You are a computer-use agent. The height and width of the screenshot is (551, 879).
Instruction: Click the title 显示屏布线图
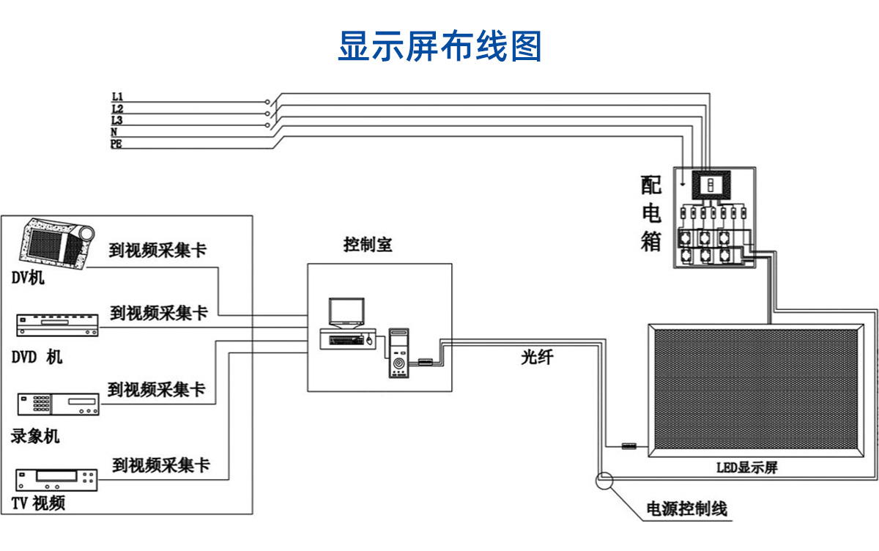439,46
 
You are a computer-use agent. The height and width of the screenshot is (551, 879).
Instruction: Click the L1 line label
117,97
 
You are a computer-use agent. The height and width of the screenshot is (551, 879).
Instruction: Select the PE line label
116,144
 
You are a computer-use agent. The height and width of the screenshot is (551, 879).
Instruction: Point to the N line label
114,132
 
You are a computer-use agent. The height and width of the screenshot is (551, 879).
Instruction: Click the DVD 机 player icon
57,325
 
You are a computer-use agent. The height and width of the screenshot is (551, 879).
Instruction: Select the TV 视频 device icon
57,480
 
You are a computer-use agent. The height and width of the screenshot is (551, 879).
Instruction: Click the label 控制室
368,245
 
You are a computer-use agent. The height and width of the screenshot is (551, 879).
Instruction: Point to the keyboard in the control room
343,339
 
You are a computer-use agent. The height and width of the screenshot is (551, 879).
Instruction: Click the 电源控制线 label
686,508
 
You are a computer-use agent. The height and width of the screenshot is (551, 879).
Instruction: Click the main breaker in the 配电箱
708,185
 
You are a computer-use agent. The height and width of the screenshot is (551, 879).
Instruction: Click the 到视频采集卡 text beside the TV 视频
161,465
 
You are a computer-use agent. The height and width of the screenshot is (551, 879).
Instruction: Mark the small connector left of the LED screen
628,445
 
